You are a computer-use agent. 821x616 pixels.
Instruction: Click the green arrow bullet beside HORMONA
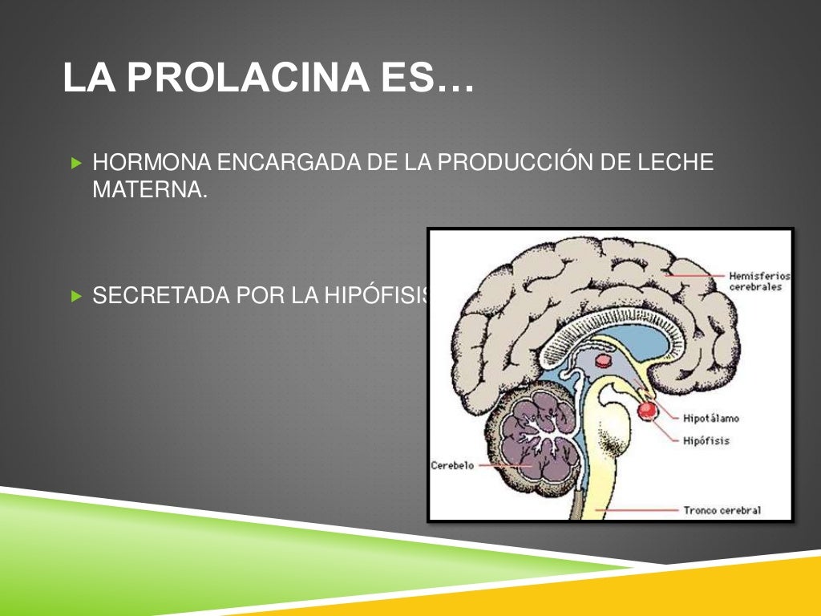click(x=76, y=164)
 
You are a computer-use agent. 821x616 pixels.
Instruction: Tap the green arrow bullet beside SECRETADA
click(x=76, y=296)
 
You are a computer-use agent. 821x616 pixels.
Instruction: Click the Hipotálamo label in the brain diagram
click(x=711, y=419)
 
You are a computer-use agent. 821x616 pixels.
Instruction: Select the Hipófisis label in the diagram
click(x=706, y=440)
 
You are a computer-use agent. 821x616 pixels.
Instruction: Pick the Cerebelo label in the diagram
click(x=453, y=465)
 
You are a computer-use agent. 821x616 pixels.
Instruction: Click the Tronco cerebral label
click(x=722, y=509)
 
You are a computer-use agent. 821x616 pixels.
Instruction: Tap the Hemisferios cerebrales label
click(x=759, y=282)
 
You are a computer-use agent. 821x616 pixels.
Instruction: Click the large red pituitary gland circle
click(x=647, y=410)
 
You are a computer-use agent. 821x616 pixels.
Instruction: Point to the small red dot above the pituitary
click(x=603, y=361)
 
